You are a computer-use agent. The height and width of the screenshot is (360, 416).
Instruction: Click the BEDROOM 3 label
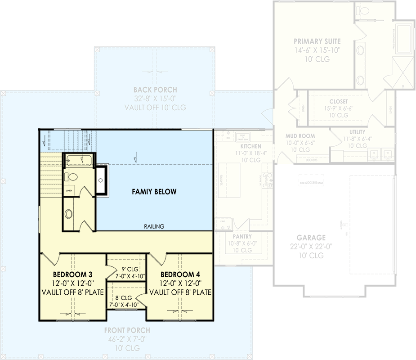coord(72,274)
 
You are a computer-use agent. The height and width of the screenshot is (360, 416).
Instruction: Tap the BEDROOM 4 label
coord(180,274)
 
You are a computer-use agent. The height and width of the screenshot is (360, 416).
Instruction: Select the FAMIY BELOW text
coord(154,192)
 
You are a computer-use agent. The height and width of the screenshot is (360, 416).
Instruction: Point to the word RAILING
coord(154,226)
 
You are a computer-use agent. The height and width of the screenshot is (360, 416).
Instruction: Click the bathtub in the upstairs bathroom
coord(79,160)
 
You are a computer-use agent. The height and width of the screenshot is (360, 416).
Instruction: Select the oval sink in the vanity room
coord(69,214)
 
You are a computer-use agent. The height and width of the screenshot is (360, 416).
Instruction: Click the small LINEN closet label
coord(69,191)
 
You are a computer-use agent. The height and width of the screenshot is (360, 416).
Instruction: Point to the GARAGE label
coord(311,238)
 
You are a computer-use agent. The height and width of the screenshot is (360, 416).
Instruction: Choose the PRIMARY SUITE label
coord(317,41)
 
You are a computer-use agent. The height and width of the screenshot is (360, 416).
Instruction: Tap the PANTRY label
coord(242,237)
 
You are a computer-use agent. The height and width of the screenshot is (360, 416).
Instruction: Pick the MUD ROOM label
coord(300,136)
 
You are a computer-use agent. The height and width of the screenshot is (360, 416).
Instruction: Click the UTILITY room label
coord(355,132)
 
